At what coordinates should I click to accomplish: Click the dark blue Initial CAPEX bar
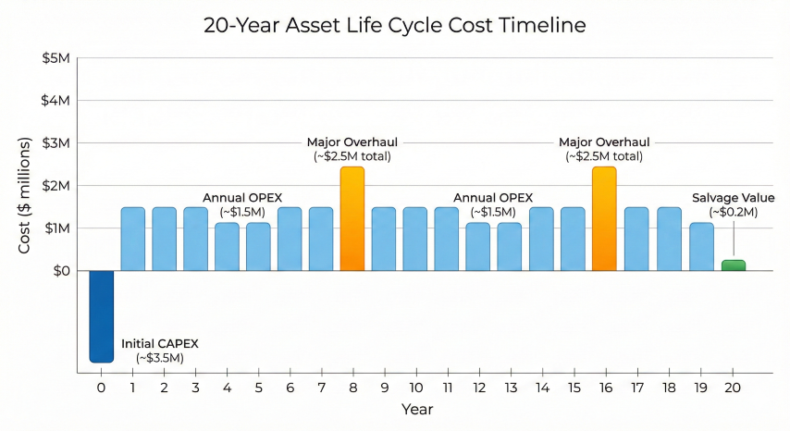101,315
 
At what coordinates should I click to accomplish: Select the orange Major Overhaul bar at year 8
352,219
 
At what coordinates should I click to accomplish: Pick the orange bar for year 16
604,219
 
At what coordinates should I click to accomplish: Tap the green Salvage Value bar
733,265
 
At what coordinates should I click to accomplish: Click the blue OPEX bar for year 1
132,239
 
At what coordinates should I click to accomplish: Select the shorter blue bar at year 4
227,247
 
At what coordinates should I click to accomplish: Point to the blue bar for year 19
701,247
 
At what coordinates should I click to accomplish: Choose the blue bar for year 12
478,247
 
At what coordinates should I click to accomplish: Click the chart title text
395,25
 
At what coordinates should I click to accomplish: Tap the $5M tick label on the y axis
56,58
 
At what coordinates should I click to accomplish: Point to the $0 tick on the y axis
59,271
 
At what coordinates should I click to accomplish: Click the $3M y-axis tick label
56,143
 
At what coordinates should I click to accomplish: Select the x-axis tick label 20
733,387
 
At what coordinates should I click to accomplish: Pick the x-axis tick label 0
101,387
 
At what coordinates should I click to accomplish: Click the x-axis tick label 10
415,387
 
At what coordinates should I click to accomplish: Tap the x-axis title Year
416,409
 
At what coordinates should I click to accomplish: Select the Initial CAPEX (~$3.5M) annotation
160,350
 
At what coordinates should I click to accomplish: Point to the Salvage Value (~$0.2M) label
734,204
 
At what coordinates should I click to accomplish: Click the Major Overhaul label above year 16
604,149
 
